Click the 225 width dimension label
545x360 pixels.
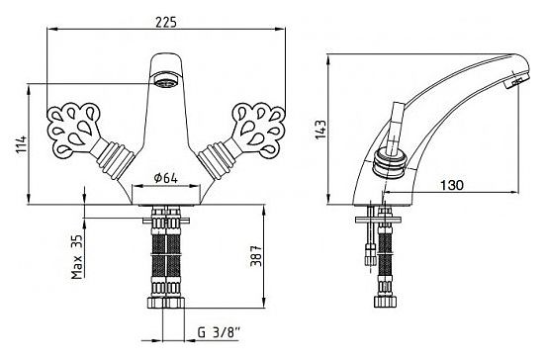pos(166,22)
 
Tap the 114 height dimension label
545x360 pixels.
pos(21,145)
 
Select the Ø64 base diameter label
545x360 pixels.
pos(166,178)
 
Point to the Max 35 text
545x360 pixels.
pos(77,257)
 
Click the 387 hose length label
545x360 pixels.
pos(256,256)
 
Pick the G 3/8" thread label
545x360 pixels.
pos(219,333)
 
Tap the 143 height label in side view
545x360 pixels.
pos(320,130)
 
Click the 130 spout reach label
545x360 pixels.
pos(452,185)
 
